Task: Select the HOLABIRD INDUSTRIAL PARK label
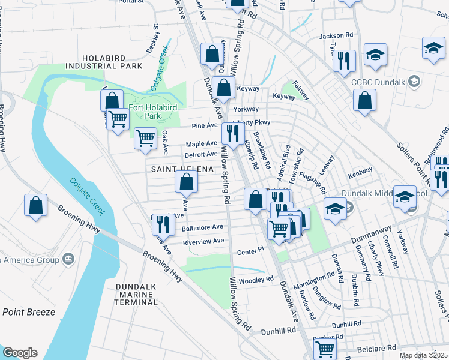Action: tap(104, 61)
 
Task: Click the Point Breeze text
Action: tap(29, 312)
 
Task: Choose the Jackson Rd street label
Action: tap(336, 36)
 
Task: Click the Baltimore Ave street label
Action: tap(203, 227)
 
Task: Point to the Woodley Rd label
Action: tap(256, 280)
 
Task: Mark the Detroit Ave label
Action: tap(200, 154)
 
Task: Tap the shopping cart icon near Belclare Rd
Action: tap(325, 348)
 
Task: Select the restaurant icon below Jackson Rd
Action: tap(344, 60)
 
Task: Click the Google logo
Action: tap(20, 353)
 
